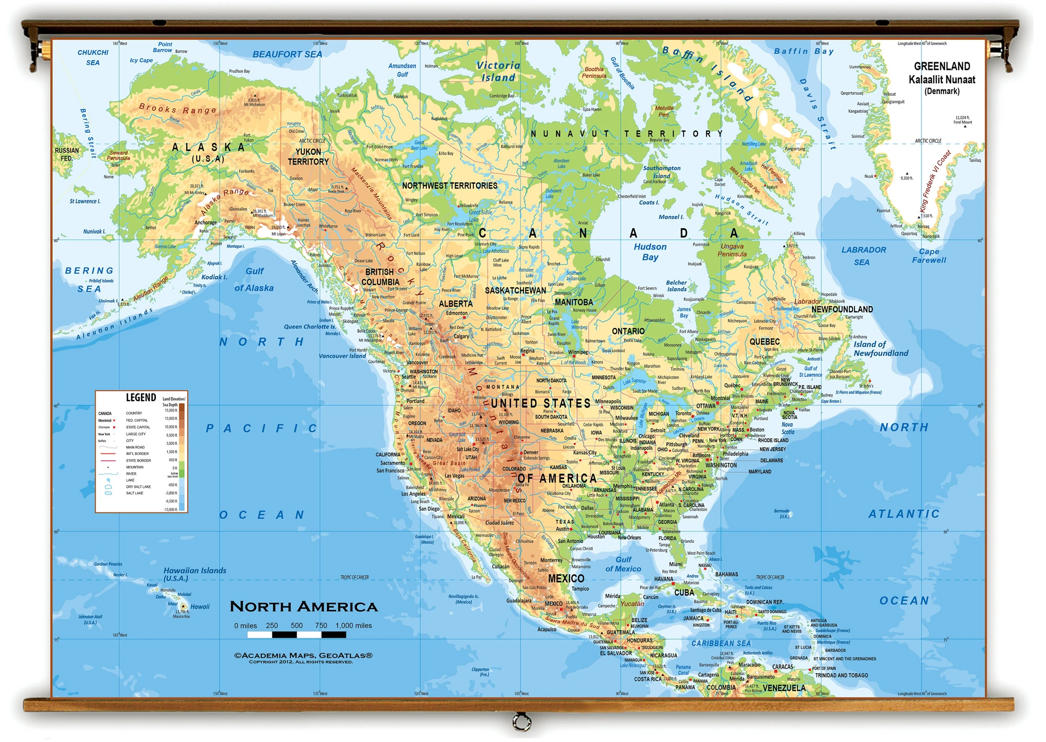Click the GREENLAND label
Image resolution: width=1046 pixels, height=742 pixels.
tap(941, 66)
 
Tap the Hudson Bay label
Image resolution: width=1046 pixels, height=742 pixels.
tap(650, 252)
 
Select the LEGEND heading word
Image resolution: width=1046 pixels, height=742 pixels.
tap(141, 398)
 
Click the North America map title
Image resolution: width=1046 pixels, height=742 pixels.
tap(303, 607)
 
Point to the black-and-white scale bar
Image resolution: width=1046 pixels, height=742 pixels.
tap(297, 635)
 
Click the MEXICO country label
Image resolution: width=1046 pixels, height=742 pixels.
tap(566, 578)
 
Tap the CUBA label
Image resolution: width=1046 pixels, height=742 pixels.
tap(684, 592)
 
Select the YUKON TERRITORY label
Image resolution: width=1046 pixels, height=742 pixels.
tap(308, 156)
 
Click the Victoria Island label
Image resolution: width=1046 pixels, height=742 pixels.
tap(498, 72)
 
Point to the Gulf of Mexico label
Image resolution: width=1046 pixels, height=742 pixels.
tap(623, 564)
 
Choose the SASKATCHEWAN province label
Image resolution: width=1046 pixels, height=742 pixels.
tap(515, 291)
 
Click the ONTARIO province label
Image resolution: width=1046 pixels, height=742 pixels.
tap(628, 331)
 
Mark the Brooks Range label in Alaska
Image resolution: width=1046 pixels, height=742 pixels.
tap(177, 109)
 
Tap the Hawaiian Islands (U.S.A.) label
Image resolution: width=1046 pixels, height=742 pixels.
tap(195, 574)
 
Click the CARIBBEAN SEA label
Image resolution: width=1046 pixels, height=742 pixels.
tap(721, 643)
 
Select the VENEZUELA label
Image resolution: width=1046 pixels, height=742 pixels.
tap(783, 688)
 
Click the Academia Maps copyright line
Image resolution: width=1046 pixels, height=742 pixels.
tap(303, 656)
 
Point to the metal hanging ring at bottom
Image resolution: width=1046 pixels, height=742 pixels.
tap(521, 722)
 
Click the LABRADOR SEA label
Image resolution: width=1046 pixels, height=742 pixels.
tap(863, 256)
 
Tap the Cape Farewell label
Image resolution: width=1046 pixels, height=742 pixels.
tap(929, 256)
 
